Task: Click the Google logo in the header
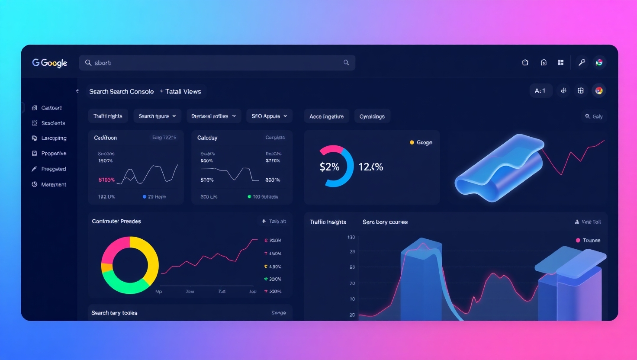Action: (50, 63)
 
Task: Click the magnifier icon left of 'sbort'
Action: (88, 63)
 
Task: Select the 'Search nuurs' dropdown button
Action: (157, 116)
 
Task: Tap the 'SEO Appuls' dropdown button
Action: (269, 116)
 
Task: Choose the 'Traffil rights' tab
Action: (108, 116)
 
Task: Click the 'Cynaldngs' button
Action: (372, 116)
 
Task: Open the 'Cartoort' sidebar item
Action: (51, 108)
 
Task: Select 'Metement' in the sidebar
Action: (53, 184)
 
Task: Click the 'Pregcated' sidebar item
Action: (53, 169)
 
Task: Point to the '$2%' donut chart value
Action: (329, 167)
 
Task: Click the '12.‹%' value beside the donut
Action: (371, 167)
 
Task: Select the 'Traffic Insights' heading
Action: (328, 222)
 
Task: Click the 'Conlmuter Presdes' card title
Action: (116, 221)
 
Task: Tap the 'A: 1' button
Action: (540, 91)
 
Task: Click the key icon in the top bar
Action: (582, 63)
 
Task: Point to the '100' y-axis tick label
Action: (351, 237)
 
